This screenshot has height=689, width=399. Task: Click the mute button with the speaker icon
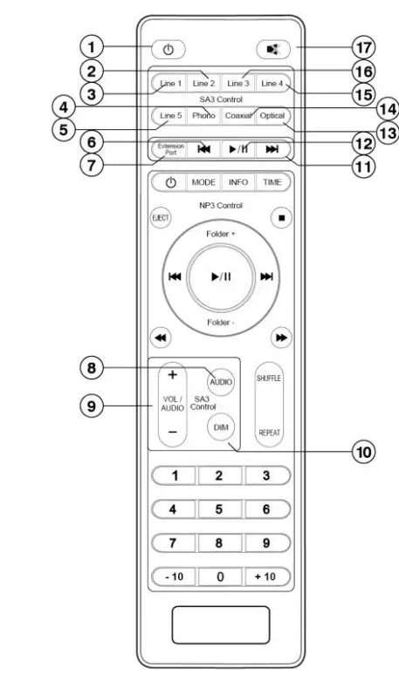pos(273,49)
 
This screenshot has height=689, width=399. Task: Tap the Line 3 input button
pos(238,84)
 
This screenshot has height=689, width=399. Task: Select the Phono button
pos(203,116)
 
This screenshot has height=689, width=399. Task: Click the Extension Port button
pos(169,149)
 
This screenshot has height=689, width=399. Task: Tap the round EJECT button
pos(161,218)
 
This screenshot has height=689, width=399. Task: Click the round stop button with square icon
pos(282,217)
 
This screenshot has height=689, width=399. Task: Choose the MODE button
pos(203,182)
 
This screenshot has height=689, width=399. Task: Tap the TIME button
pos(272,182)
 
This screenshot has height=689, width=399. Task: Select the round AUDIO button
pos(220,382)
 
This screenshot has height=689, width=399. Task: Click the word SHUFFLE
pos(269,379)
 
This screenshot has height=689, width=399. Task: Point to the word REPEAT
pos(269,433)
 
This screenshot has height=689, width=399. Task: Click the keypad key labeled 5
pos(219,509)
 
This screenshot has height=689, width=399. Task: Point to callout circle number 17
pos(363,47)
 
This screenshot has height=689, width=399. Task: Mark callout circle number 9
pos(92,406)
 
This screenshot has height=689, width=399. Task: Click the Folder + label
pos(220,235)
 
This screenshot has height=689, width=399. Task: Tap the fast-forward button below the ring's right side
pos(281,338)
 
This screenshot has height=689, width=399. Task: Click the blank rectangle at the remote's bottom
pos(220,624)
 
